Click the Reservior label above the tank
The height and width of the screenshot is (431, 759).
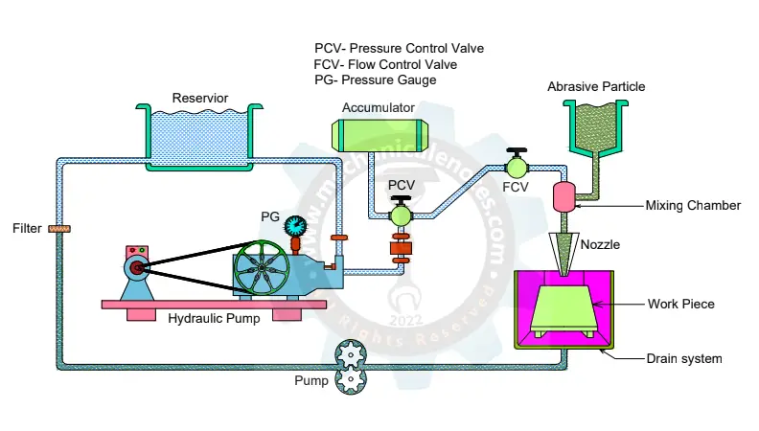[x=201, y=98]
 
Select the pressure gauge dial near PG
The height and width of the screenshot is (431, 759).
[x=296, y=225]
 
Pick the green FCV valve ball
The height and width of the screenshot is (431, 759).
[x=517, y=167]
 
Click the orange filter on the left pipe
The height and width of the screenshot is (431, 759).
[x=60, y=229]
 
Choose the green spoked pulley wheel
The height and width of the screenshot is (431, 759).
[x=263, y=267]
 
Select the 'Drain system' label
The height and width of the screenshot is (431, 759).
[x=683, y=359]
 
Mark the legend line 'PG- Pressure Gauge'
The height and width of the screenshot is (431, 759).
[x=375, y=80]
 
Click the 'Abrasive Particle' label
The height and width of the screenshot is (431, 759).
[x=596, y=87]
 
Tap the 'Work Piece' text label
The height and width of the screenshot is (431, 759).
[x=681, y=305]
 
